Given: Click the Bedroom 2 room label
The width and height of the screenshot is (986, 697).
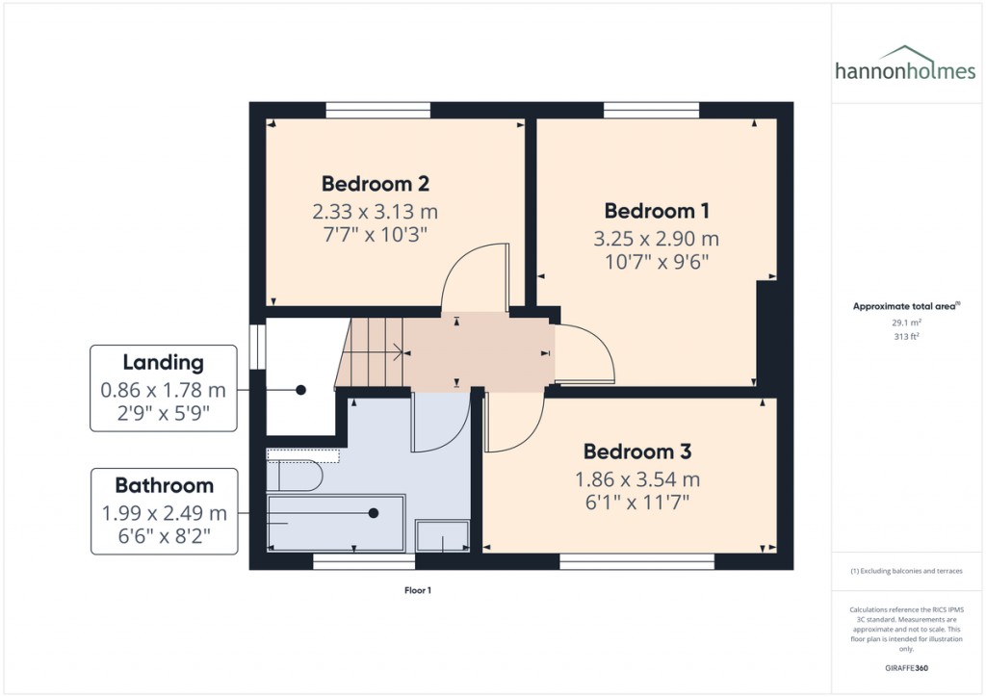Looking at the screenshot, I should click(375, 184).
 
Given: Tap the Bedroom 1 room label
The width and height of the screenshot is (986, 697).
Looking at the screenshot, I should click(657, 211).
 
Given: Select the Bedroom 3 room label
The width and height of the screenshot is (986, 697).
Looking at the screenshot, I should click(636, 452).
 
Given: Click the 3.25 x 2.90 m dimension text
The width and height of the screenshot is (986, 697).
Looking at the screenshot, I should click(657, 239).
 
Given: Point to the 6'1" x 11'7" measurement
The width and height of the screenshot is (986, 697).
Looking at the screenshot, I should click(636, 502).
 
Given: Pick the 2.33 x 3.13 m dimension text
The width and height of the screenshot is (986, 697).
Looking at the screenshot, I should click(375, 211).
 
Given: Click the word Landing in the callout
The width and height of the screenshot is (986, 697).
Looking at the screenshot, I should click(163, 363).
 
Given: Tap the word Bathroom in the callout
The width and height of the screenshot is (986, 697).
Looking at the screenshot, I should click(164, 485).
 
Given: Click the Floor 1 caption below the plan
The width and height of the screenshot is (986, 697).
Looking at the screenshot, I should click(417, 590).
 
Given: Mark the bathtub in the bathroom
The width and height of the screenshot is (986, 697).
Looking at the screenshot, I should click(335, 521).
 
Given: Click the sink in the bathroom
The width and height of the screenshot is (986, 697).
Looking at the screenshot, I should click(442, 535).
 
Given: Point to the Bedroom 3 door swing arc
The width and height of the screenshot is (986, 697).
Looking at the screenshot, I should click(515, 424).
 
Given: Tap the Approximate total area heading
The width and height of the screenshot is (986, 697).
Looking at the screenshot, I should click(905, 306).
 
